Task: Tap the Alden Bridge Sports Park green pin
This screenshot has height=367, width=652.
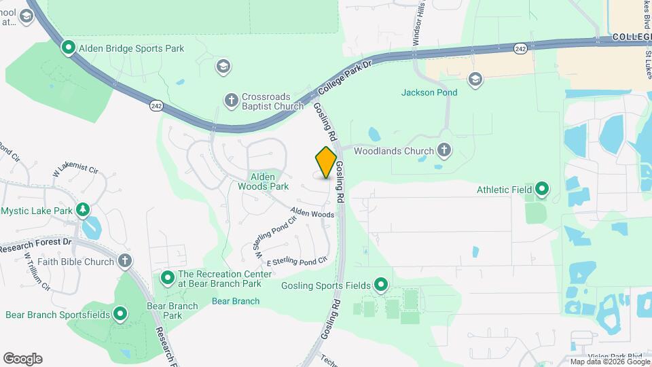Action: click(69, 48)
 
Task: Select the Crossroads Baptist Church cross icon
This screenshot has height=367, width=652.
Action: click(231, 101)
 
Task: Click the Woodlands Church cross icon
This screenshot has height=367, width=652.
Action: click(444, 150)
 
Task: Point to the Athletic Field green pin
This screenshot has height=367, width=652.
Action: click(542, 189)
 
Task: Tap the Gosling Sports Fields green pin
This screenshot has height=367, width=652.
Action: click(381, 285)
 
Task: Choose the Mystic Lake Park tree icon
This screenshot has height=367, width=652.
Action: click(83, 210)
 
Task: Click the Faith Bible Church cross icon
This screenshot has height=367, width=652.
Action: click(124, 261)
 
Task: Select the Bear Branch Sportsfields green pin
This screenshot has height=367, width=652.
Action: click(120, 314)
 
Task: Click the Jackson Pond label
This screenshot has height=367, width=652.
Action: click(429, 92)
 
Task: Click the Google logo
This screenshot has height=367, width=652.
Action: click(22, 359)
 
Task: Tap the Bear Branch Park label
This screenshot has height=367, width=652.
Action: click(173, 311)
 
